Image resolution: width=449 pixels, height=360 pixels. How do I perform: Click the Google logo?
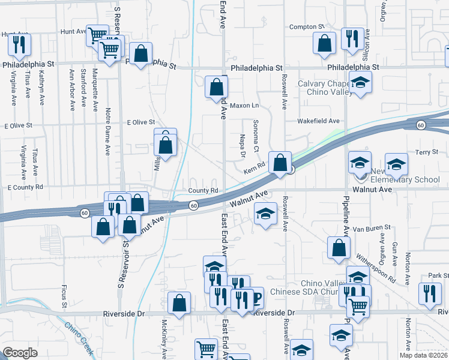[20, 353]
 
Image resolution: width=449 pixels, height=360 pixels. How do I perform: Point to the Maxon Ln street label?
[244, 106]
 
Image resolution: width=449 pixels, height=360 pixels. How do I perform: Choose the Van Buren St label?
[372, 228]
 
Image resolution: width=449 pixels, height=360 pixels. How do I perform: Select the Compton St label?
[306, 27]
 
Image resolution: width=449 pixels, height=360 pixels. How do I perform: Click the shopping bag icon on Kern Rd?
[280, 163]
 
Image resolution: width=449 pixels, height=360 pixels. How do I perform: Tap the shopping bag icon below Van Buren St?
[339, 247]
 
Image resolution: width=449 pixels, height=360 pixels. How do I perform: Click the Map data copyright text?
[423, 355]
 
